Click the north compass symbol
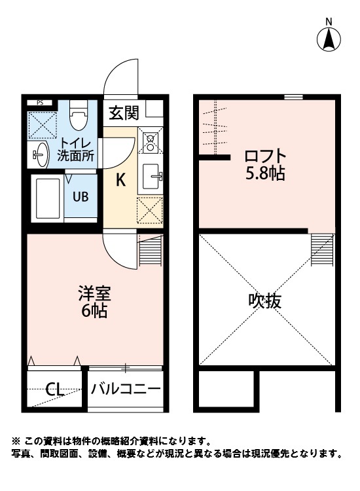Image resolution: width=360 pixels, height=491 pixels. point(329,39)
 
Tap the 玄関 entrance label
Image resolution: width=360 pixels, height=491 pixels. point(124,113)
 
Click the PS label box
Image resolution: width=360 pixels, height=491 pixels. point(40,103)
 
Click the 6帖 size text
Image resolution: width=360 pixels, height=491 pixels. point(90,312)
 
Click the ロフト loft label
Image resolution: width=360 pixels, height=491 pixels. point(265,156)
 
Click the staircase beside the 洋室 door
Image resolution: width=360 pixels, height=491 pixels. point(150,252)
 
